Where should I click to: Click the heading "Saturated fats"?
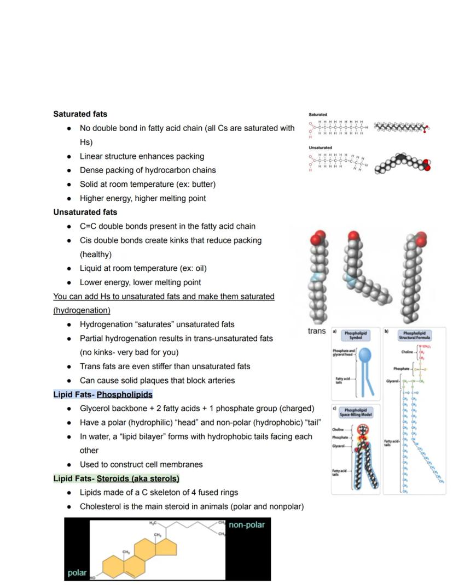click(80, 114)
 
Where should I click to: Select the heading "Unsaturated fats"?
click(85, 212)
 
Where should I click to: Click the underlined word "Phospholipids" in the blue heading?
click(124, 394)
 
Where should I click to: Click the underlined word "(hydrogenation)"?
click(82, 310)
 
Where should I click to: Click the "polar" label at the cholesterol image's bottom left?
click(77, 573)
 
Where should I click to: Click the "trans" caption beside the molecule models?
click(317, 331)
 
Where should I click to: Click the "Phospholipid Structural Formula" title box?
click(415, 335)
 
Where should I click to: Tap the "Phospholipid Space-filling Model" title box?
click(356, 412)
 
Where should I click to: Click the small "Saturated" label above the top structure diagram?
click(318, 115)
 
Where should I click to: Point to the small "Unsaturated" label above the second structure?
click(320, 147)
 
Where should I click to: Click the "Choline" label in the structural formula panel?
click(406, 352)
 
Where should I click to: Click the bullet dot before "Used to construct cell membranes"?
click(68, 465)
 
